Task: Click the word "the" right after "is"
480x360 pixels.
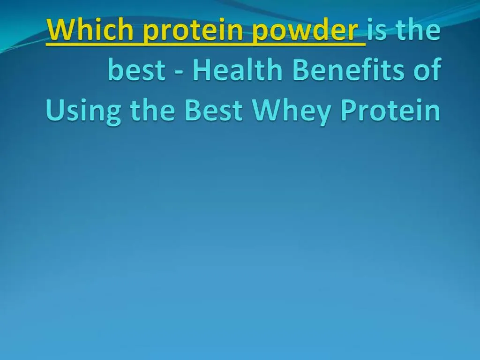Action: click(x=417, y=30)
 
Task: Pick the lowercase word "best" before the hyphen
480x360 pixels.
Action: click(x=136, y=70)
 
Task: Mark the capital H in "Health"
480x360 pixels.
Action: click(x=201, y=70)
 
